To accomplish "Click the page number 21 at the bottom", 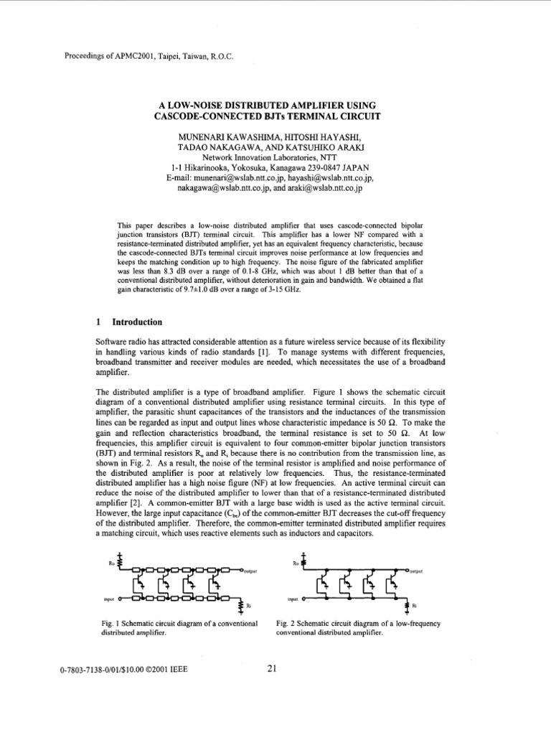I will (x=272, y=669).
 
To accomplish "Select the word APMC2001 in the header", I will (x=129, y=57).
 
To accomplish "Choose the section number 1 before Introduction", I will (x=98, y=322).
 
